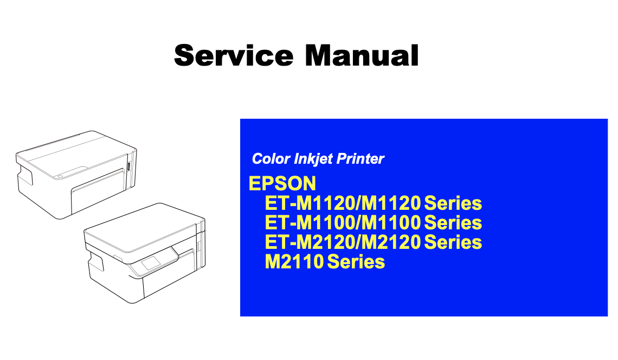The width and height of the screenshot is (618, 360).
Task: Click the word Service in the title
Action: click(234, 55)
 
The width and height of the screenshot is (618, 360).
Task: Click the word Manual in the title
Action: click(362, 55)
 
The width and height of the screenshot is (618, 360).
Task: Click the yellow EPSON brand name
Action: click(282, 183)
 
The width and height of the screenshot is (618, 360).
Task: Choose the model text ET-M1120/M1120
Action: click(343, 203)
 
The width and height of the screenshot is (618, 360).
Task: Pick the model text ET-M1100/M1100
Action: click(343, 223)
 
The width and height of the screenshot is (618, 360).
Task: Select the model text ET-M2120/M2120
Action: click(343, 242)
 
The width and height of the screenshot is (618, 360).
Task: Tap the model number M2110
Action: click(294, 262)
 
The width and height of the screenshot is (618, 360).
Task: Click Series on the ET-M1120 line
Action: click(453, 203)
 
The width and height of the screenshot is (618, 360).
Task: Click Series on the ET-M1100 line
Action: click(453, 223)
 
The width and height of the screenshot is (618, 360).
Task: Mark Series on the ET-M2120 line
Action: click(453, 242)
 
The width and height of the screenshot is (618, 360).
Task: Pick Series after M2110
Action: click(356, 262)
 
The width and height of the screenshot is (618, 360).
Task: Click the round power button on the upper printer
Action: click(60, 176)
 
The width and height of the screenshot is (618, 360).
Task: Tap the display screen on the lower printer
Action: click(151, 263)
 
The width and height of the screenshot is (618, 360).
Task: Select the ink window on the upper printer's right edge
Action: click(128, 166)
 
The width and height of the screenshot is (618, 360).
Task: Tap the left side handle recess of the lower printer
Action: click(96, 262)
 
